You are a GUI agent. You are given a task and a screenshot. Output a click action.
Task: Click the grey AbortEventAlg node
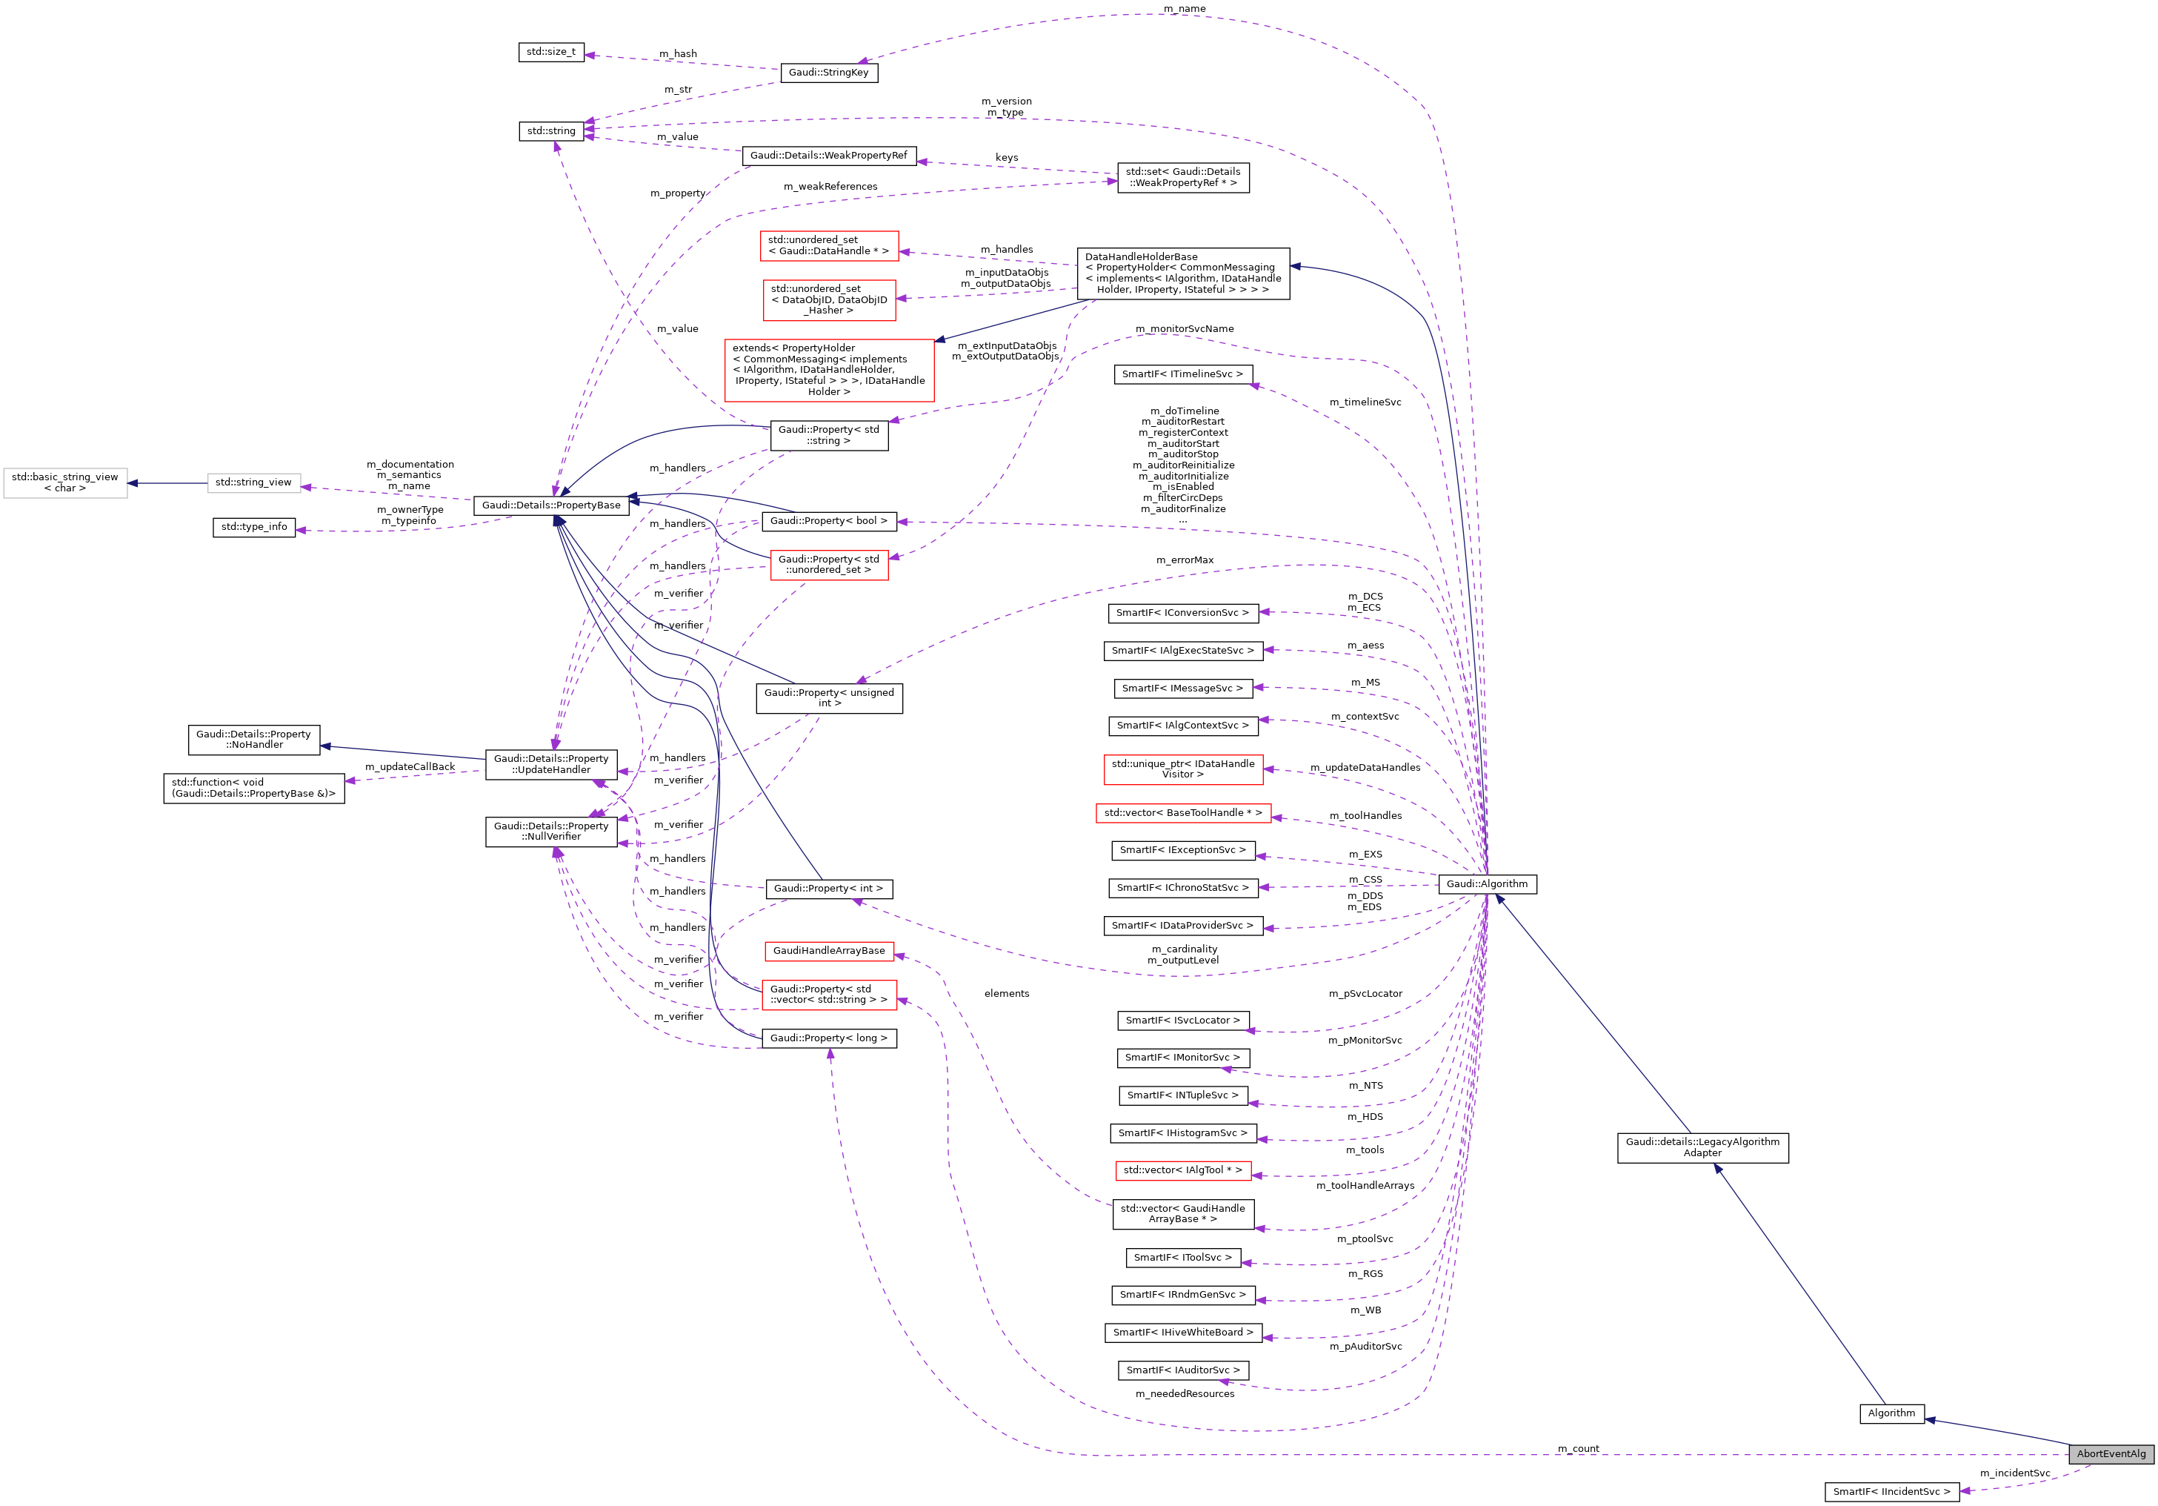point(2111,1453)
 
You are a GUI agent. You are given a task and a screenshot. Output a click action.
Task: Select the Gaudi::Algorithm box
point(1487,883)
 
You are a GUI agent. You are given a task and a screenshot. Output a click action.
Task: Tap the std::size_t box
point(552,52)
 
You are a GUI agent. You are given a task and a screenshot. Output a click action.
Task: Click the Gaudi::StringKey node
point(828,73)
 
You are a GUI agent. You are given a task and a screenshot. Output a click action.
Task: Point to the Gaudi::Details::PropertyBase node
point(550,505)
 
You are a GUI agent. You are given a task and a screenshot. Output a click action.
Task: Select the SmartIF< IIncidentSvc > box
point(1891,1491)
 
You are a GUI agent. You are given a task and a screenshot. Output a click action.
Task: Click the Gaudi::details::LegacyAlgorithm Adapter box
point(1702,1147)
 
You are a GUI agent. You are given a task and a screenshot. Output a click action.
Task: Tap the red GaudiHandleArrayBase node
point(828,950)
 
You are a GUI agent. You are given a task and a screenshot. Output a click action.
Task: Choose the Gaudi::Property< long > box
point(828,1038)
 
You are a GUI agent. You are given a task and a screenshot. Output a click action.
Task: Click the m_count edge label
point(1577,1449)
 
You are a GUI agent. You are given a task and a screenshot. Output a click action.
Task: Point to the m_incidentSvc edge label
point(2014,1473)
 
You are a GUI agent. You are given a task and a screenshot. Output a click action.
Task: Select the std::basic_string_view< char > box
point(65,482)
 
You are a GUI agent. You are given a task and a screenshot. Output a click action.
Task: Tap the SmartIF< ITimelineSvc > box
point(1182,374)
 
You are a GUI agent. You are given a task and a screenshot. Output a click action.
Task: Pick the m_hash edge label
point(678,53)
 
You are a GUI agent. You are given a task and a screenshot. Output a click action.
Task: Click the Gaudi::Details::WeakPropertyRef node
point(828,155)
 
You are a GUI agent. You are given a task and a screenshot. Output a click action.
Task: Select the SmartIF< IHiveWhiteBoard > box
point(1182,1332)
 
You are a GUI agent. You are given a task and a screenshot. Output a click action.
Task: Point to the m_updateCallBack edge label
point(410,767)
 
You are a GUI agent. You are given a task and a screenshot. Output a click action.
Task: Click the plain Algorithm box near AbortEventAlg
point(1891,1413)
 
